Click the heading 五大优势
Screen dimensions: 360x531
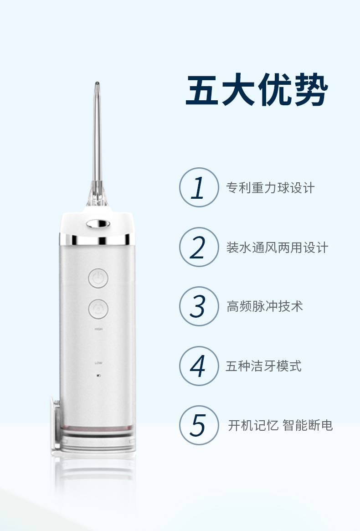tap(257, 90)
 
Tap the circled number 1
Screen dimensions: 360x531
tap(199, 187)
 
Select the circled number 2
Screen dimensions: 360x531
tap(199, 247)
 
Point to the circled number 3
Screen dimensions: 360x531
tap(199, 306)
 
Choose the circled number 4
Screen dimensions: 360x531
tap(199, 366)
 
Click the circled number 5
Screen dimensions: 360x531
tap(199, 425)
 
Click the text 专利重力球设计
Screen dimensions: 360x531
tap(270, 188)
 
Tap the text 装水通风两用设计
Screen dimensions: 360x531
tap(277, 247)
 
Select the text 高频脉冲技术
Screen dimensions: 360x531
tap(264, 306)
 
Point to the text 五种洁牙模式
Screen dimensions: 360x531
tap(263, 366)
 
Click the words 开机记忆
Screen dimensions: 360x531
tap(253, 425)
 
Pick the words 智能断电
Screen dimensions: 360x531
tap(308, 425)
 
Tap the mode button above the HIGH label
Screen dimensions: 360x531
tap(98, 309)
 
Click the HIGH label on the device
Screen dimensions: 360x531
tap(98, 329)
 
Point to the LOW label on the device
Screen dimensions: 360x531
tap(98, 363)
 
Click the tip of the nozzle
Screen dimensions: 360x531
tap(97, 83)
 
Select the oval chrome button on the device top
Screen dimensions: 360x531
tap(98, 223)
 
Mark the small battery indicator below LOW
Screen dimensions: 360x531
tap(98, 376)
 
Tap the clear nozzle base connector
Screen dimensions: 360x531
tap(97, 194)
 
